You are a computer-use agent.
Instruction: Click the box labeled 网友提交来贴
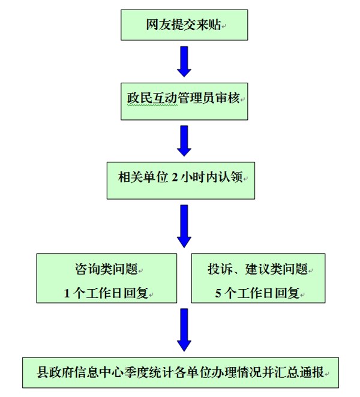(184, 25)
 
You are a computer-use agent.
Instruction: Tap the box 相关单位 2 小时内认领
(181, 179)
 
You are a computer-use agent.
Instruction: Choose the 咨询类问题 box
(107, 278)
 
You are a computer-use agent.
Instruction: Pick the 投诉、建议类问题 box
(258, 278)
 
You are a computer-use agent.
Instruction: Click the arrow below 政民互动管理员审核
(184, 140)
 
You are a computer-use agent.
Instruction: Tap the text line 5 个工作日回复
(257, 294)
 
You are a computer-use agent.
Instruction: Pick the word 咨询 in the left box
(80, 268)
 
